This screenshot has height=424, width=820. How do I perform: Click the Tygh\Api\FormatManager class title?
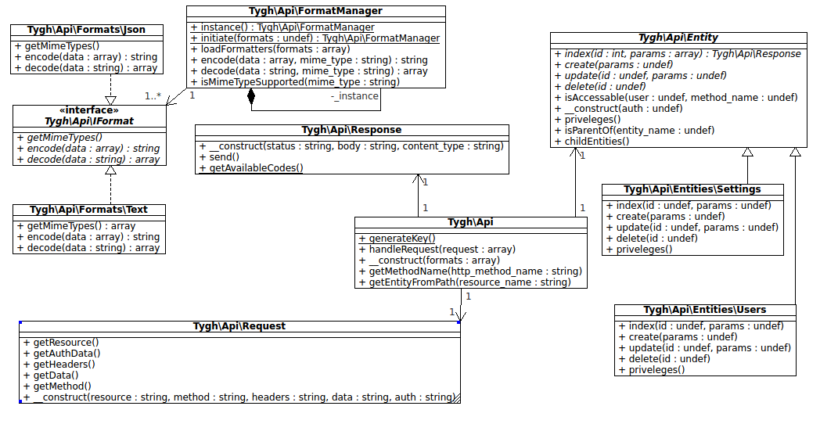316,12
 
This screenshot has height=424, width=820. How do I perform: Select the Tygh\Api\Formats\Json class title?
87,30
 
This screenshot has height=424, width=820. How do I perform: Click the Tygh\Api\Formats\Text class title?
88,210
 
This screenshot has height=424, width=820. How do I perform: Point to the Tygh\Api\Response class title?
351,130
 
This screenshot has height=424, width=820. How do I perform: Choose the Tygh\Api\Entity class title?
678,38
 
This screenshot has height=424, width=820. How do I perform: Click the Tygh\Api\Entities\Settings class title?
692,189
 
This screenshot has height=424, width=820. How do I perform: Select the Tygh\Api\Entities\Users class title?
704,310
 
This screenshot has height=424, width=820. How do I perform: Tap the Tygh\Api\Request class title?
239,326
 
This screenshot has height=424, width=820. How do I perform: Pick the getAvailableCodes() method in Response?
251,168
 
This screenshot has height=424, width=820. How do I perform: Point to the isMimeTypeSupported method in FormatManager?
295,82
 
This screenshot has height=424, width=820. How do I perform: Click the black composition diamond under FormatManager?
251,97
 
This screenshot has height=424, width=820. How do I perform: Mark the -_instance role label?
354,96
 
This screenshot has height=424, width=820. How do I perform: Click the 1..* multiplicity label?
153,96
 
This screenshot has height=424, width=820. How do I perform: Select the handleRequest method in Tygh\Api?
437,250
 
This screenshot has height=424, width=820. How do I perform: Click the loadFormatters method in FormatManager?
270,49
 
